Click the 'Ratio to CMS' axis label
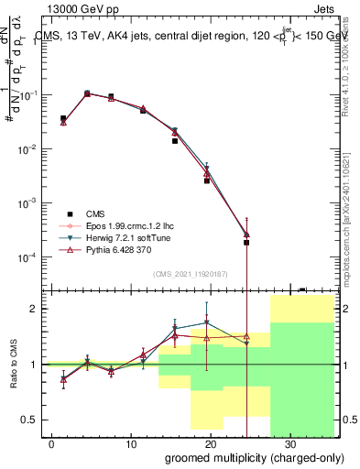tap(13, 364)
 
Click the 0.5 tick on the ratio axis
tap(35, 420)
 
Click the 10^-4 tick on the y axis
tap(31, 257)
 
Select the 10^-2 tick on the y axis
tap(31, 149)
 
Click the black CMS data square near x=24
tap(246, 243)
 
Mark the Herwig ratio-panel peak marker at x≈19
tap(207, 322)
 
